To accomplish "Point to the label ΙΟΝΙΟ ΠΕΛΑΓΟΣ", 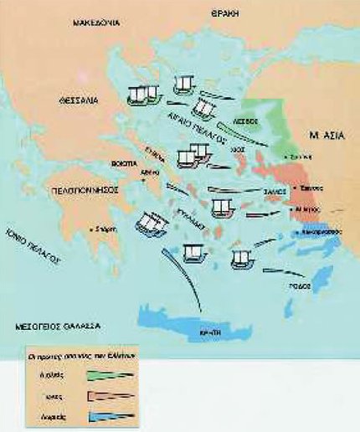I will pyautogui.click(x=32, y=244).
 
